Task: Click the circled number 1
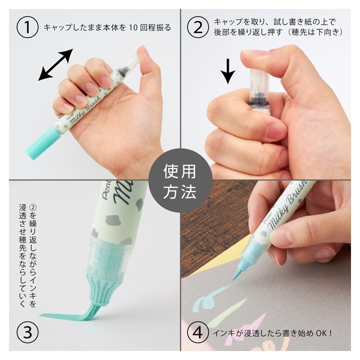point(28,27)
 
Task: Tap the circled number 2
point(197,27)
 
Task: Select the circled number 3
point(28,332)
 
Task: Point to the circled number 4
point(197,332)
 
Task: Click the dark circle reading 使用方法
point(180,180)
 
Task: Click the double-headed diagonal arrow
point(56,65)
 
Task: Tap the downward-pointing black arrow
point(228,71)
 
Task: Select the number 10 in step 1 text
point(133,28)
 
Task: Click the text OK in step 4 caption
point(321,333)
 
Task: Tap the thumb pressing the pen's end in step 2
point(264,58)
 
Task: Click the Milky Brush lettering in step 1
point(85,108)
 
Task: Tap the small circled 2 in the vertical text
point(33,208)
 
